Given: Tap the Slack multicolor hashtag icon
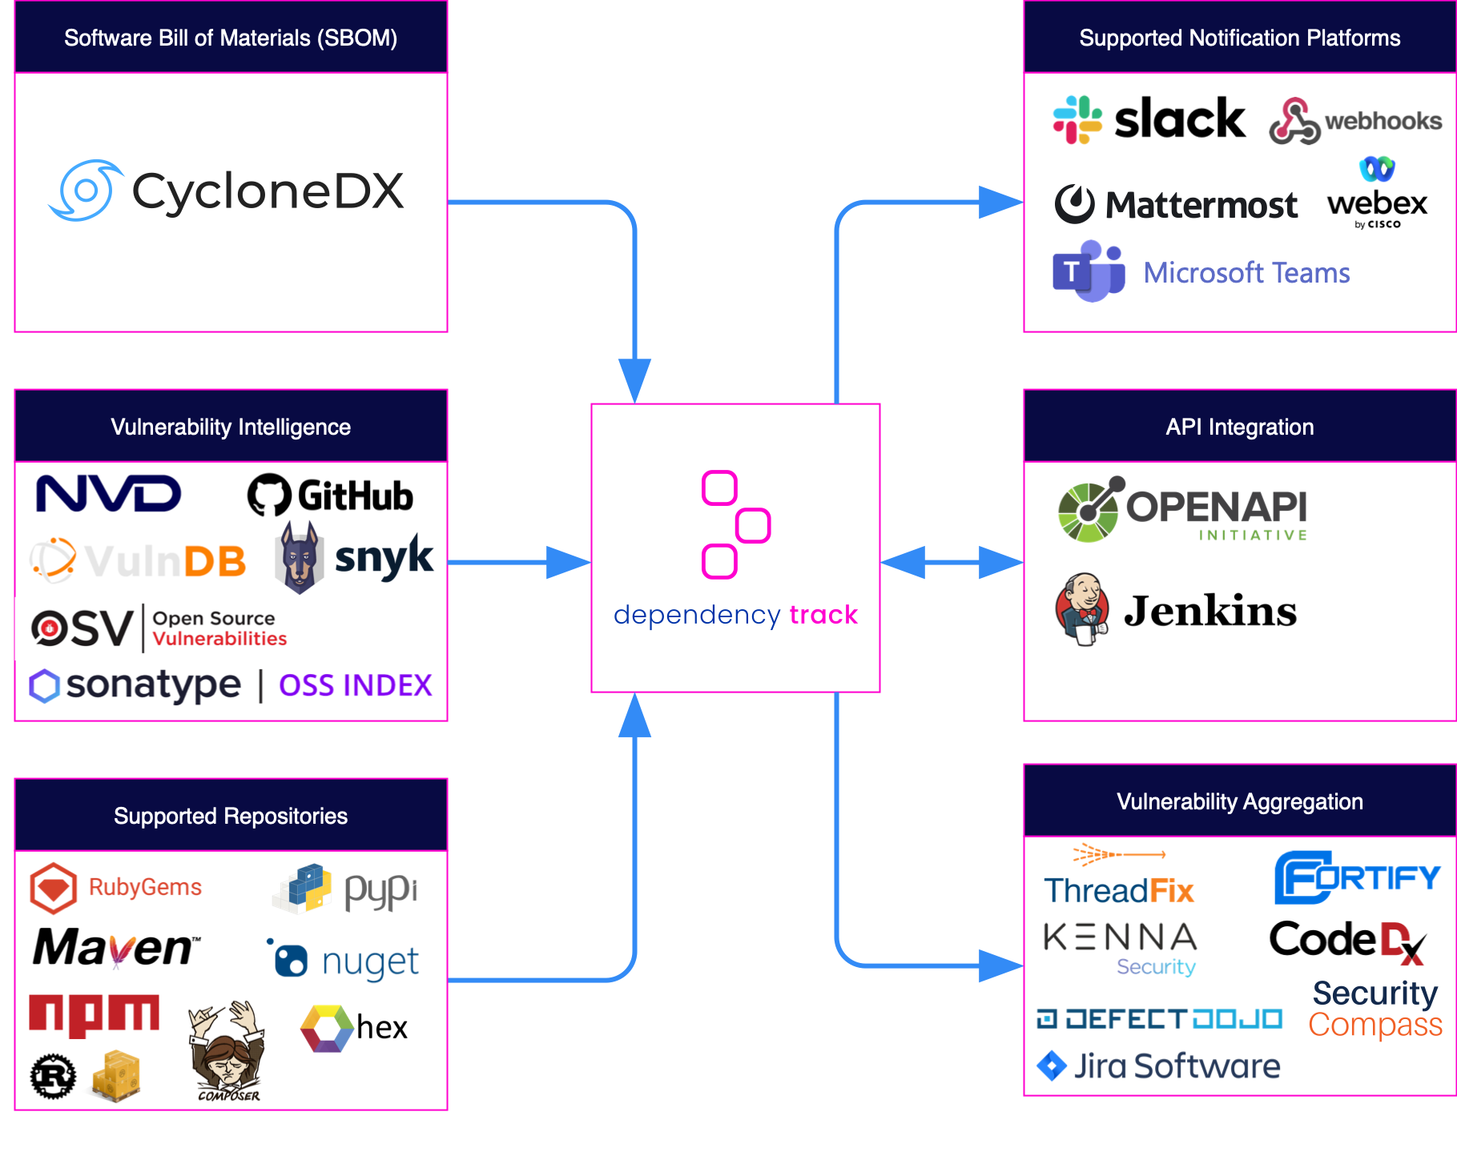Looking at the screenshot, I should click(x=1077, y=119).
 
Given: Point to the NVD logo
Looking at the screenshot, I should click(x=109, y=493).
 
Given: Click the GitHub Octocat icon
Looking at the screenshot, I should click(x=269, y=495).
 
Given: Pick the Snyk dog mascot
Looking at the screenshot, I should click(x=300, y=557).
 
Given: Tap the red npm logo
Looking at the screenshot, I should click(x=94, y=1015).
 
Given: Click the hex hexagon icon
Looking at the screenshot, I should click(x=326, y=1028).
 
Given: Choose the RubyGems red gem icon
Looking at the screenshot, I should click(x=53, y=888).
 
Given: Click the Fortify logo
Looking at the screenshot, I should click(x=1357, y=877).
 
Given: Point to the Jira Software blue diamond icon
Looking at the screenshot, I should click(x=1051, y=1066).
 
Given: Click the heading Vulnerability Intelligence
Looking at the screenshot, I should click(x=231, y=427).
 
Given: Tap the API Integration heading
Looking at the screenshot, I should click(x=1239, y=427).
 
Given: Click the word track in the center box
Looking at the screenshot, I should click(x=823, y=615).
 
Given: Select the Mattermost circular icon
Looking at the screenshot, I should click(x=1074, y=203).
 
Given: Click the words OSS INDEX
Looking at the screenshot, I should click(x=355, y=685).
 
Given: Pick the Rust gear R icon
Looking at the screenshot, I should click(x=53, y=1077).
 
